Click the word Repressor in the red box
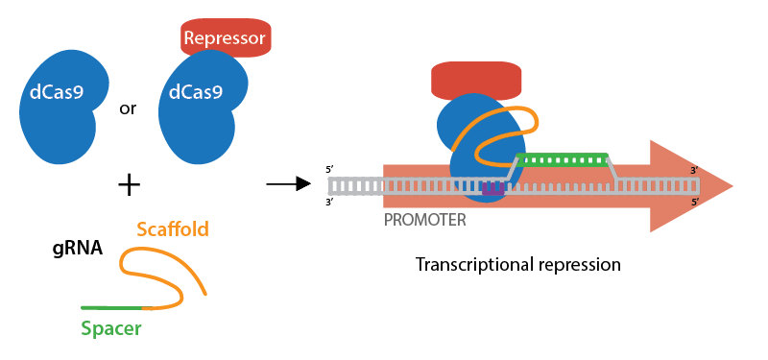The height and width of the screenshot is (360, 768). pyautogui.click(x=227, y=38)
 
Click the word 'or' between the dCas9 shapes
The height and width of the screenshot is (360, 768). pyautogui.click(x=127, y=108)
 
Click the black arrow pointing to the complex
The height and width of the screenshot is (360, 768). pyautogui.click(x=280, y=183)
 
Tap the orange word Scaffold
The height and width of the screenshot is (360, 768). pyautogui.click(x=173, y=229)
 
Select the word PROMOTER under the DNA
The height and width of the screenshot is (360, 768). pyautogui.click(x=425, y=220)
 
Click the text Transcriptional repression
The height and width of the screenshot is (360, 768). pyautogui.click(x=518, y=263)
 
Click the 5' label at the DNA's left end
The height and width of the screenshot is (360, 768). pyautogui.click(x=330, y=170)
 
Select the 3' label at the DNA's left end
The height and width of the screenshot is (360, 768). pyautogui.click(x=330, y=202)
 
